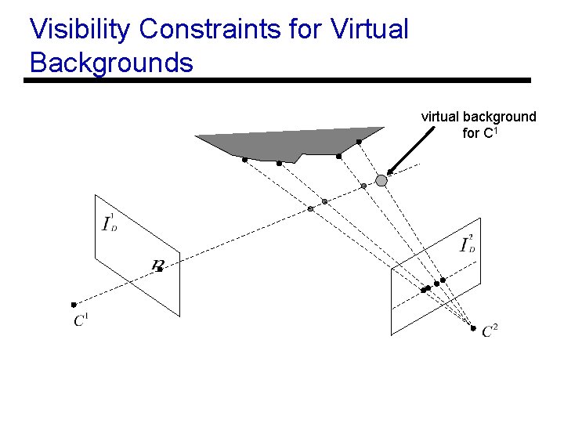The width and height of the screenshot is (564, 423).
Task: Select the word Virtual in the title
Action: (370, 29)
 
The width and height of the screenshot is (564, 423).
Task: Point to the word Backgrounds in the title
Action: (111, 62)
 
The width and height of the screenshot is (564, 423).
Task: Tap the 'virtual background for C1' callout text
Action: (479, 125)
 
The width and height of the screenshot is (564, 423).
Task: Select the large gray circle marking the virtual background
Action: (381, 180)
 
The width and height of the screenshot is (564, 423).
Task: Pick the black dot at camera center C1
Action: (73, 304)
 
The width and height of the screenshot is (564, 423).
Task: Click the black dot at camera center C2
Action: (473, 327)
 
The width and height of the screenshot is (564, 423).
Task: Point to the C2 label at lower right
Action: (490, 331)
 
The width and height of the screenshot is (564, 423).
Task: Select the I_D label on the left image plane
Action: (110, 223)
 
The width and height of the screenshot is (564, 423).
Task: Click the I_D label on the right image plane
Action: (468, 244)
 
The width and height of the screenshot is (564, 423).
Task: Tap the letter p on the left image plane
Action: (157, 265)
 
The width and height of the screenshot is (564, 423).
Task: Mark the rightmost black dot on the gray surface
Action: (359, 142)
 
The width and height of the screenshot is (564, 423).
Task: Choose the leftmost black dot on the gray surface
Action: (244, 160)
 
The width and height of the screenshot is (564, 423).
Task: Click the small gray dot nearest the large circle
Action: (363, 186)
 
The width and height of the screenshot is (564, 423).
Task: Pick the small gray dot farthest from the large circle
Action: (310, 208)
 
